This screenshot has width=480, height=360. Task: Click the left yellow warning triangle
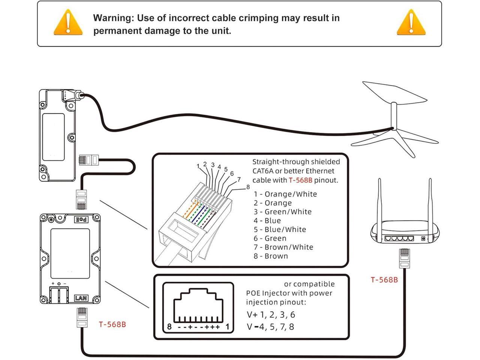click(68, 23)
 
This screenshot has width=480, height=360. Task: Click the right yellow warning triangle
click(411, 23)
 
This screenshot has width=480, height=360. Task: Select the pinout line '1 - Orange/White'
click(285, 194)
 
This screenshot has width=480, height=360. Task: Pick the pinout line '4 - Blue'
click(267, 221)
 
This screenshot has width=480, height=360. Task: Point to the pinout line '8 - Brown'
click(271, 256)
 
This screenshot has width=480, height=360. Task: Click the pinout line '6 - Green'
click(270, 238)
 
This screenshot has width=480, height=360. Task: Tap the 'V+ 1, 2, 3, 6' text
click(271, 315)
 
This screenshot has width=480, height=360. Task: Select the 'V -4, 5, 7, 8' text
click(270, 327)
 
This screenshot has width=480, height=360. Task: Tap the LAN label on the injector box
click(81, 298)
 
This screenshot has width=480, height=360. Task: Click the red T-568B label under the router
click(384, 280)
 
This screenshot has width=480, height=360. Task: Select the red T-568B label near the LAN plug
click(112, 324)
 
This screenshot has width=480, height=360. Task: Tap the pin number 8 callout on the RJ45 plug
click(248, 187)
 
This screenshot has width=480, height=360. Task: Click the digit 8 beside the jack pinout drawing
click(169, 327)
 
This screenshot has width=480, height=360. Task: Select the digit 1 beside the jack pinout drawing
click(227, 327)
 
